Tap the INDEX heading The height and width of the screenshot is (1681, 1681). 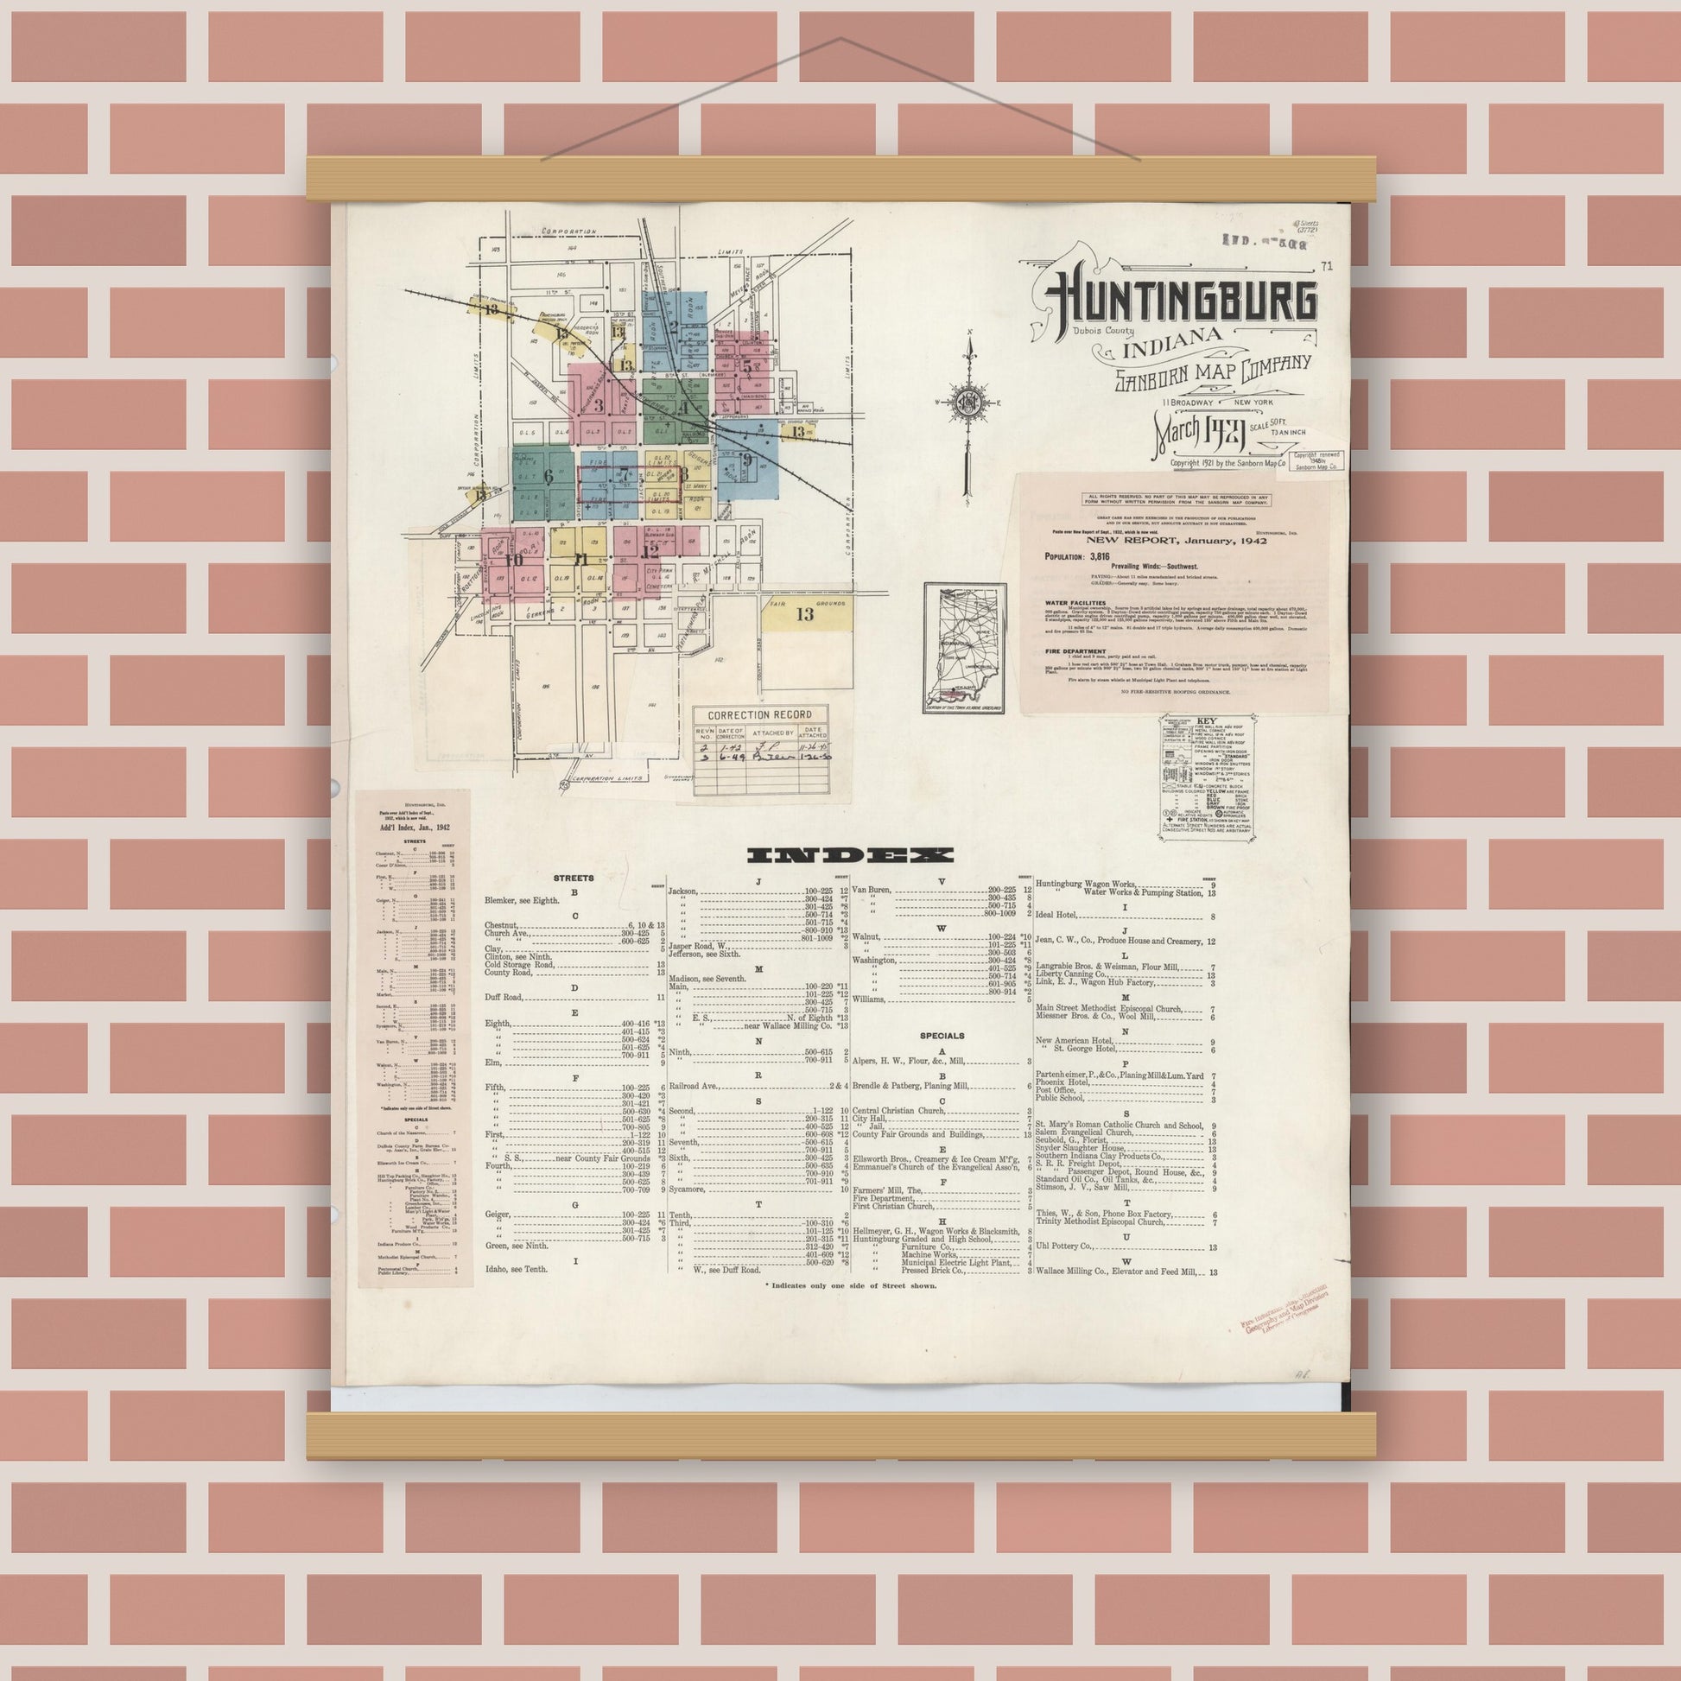pos(851,855)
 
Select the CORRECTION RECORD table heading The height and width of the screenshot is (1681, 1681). pos(759,715)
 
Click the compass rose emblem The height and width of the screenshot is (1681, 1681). pos(967,402)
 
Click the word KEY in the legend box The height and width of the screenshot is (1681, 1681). pos(1207,722)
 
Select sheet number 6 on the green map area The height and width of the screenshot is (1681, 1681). pos(549,476)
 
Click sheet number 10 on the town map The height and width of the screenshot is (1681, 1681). pos(514,560)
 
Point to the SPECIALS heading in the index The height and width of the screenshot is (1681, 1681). pos(942,1037)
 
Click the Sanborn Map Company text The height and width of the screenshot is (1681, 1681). pos(1212,372)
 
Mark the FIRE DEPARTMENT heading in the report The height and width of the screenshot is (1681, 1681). pos(1075,650)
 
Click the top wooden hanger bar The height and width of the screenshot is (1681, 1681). pos(840,178)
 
